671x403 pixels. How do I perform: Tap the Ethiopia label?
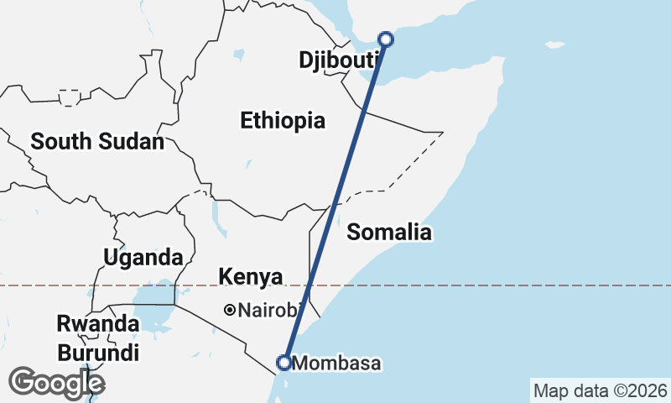point(283,120)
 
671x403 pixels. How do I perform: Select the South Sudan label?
point(97,142)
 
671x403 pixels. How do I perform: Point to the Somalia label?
point(389,232)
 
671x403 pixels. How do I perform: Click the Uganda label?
point(143,257)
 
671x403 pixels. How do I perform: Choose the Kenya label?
point(251,276)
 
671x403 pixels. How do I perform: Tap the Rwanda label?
point(97,323)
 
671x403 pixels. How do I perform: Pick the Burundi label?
point(97,353)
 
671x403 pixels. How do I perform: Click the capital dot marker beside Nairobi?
point(229,311)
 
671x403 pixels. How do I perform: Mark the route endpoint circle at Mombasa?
point(284,363)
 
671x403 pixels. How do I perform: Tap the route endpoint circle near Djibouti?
point(386,39)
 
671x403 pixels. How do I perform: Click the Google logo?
point(57,383)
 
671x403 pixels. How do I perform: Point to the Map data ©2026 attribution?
point(600,390)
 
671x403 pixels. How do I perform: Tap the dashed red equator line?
point(503,285)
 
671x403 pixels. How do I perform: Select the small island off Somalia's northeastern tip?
point(554,44)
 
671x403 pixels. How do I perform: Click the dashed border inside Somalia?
point(403,164)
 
